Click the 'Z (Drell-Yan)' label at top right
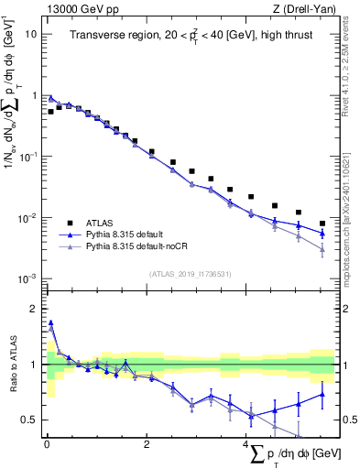pyautogui.click(x=301, y=8)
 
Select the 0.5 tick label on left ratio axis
pyautogui.click(x=29, y=420)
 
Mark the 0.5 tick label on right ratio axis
pyautogui.click(x=349, y=420)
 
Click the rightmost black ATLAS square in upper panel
pyautogui.click(x=322, y=224)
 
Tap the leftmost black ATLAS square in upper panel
pyautogui.click(x=51, y=112)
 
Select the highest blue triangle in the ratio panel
pyautogui.click(x=51, y=322)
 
